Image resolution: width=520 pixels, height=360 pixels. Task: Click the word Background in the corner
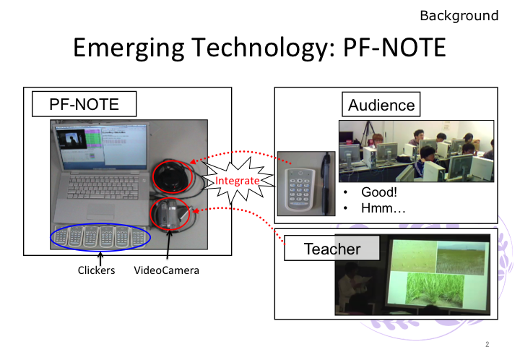[x=459, y=16]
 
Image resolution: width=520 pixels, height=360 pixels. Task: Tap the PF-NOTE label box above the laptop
[x=84, y=104]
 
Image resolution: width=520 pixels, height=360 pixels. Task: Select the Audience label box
[x=381, y=105]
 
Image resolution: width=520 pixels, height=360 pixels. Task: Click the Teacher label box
[x=332, y=248]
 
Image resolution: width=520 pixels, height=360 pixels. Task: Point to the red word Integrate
[x=237, y=181]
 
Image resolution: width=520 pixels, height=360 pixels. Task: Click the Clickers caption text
[x=96, y=270]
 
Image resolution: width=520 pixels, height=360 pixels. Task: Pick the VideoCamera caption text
[x=167, y=270]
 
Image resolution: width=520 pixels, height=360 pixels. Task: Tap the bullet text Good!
[x=379, y=192]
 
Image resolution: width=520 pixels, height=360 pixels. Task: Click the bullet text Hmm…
[x=383, y=208]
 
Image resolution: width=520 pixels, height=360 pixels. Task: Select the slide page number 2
[x=487, y=344]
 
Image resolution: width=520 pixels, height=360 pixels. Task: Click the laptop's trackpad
[x=100, y=210]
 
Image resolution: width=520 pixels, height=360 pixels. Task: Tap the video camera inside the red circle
[x=170, y=214]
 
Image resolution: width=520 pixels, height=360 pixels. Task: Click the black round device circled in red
[x=173, y=176]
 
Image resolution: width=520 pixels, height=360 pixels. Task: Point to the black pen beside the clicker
[x=326, y=184]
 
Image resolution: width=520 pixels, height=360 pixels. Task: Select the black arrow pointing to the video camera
[x=168, y=244]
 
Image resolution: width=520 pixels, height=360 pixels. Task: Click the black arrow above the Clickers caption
[x=100, y=259]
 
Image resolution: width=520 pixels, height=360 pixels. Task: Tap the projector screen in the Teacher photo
[x=438, y=273]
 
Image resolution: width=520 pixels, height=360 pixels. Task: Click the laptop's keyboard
[x=103, y=187]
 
